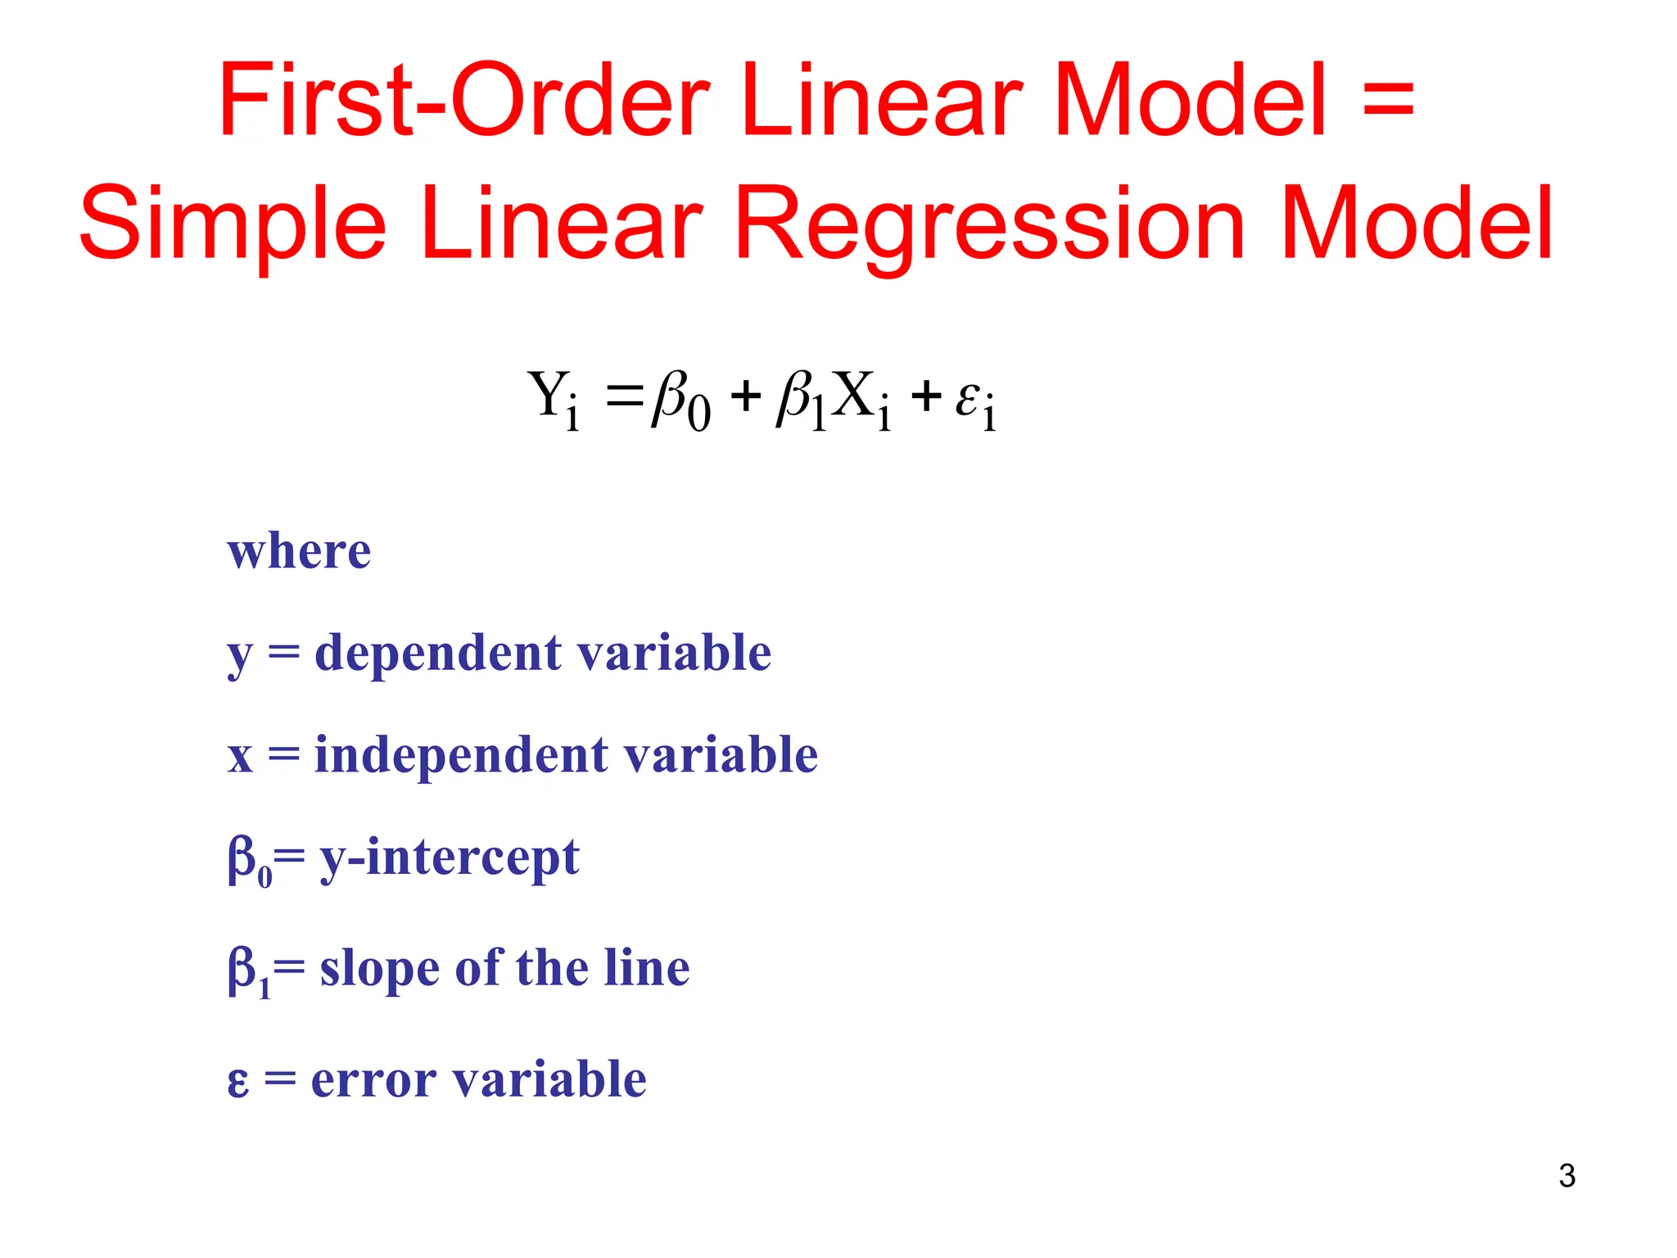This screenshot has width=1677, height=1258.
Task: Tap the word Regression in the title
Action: click(x=991, y=224)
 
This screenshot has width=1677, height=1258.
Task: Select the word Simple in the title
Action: click(x=233, y=224)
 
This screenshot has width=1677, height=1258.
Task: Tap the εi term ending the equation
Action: click(x=975, y=400)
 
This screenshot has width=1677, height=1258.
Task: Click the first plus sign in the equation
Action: click(x=746, y=397)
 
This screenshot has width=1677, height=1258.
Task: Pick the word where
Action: click(x=299, y=550)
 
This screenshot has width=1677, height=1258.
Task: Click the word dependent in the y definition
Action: click(x=438, y=653)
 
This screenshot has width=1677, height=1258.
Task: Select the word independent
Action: click(x=461, y=754)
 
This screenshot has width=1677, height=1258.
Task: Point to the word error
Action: click(x=373, y=1079)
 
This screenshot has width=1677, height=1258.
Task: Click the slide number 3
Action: click(x=1566, y=1176)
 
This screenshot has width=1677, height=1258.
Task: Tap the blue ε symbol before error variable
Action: click(x=237, y=1080)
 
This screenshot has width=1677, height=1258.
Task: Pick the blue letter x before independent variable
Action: click(x=240, y=756)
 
